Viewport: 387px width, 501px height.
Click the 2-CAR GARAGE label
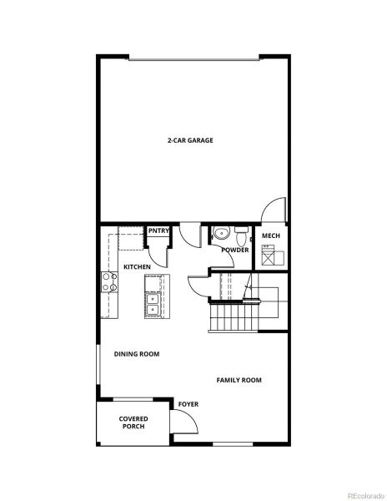click(190, 140)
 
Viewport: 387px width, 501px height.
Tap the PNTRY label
click(158, 231)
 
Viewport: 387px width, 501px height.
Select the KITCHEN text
click(137, 266)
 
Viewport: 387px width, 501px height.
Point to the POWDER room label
click(235, 250)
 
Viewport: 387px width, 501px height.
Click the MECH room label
click(270, 236)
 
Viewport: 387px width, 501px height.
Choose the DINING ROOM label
click(136, 354)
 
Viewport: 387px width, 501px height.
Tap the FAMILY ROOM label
click(239, 380)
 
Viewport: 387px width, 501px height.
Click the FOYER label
click(188, 404)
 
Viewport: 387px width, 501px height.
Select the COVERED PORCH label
click(133, 422)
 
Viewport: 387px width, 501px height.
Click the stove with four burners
click(108, 282)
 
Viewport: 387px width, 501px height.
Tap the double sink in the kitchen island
click(153, 302)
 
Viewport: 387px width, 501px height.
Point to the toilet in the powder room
click(241, 230)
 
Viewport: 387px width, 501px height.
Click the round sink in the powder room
click(221, 233)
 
